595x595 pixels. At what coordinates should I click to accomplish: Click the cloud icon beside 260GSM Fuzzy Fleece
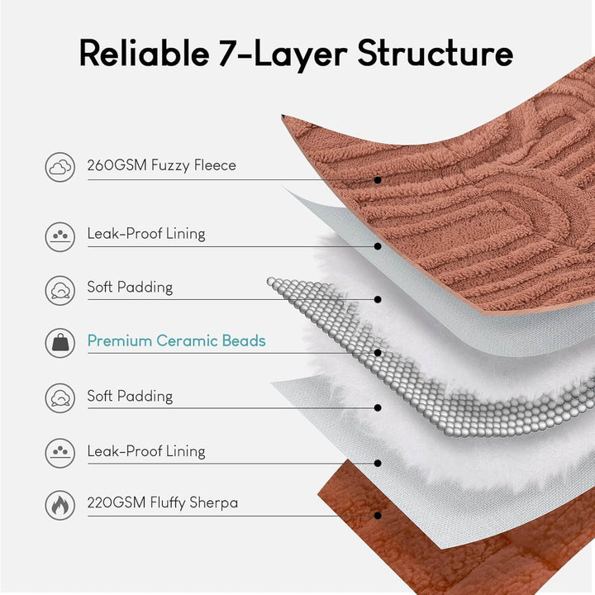(x=59, y=166)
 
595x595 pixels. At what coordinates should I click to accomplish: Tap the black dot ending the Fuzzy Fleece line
(x=378, y=179)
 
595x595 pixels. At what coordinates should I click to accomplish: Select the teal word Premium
(x=121, y=340)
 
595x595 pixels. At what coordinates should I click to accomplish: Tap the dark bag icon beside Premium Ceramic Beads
(x=59, y=340)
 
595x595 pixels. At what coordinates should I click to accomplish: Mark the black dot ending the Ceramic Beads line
(x=378, y=353)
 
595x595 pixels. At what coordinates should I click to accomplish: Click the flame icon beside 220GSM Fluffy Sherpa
(x=59, y=503)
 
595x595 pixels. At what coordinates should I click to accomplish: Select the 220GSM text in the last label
(x=115, y=502)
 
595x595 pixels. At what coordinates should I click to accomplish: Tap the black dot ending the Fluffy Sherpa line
(x=378, y=516)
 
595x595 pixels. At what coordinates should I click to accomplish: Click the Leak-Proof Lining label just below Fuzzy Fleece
(x=145, y=234)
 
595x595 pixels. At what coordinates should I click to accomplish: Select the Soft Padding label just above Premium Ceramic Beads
(x=130, y=288)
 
